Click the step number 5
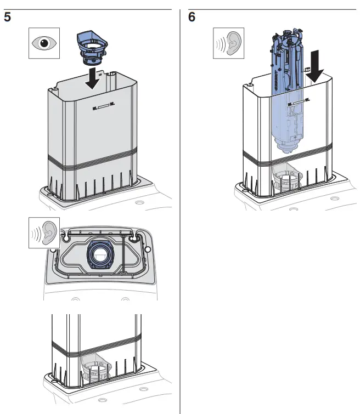7,17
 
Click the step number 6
192,17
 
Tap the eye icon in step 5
44,44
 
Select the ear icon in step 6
228,44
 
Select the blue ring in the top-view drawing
100,256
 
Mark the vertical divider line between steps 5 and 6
180,219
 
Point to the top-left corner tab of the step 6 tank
249,85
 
